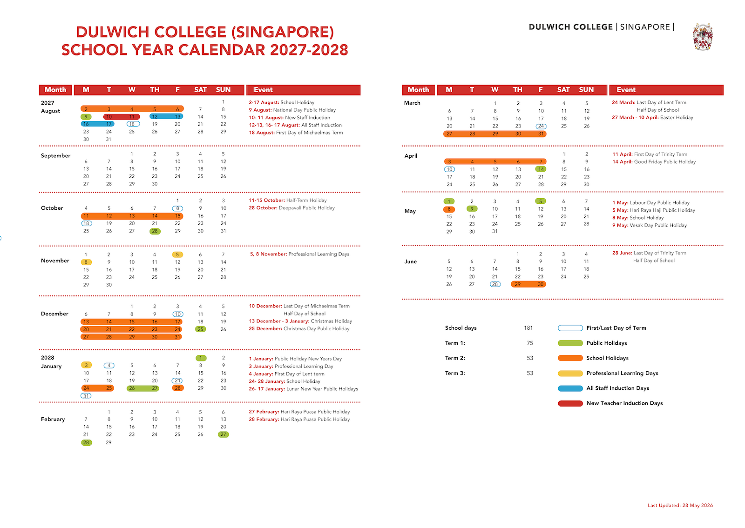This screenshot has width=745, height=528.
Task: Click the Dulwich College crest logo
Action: pos(703,37)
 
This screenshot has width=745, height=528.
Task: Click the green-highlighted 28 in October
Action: pos(155,231)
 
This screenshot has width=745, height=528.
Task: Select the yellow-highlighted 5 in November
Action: pos(177,255)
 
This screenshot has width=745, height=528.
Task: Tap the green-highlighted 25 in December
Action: pos(201,329)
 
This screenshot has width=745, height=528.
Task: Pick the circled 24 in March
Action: pos(541,126)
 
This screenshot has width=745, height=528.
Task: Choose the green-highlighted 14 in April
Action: pos(541,169)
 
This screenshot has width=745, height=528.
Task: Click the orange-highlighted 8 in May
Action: pos(449,209)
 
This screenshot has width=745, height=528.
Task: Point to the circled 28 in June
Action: pos(495,284)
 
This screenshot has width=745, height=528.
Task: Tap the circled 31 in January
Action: pos(86,396)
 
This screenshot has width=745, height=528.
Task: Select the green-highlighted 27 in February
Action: pos(223,434)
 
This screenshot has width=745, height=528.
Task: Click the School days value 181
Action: pos(528,328)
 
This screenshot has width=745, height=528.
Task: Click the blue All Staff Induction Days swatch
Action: pos(570,388)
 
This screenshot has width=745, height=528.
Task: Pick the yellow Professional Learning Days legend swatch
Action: pos(570,374)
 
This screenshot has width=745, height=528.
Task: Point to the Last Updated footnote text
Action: pos(680,505)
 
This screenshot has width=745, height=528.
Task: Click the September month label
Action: pos(55,155)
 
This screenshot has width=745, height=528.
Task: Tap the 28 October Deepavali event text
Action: pos(291,208)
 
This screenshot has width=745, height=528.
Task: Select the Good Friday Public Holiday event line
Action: pos(654,162)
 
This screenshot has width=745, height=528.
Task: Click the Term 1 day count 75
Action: pos(530,343)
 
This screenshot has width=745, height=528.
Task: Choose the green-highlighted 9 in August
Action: pos(86,117)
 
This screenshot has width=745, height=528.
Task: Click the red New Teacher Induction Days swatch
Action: pos(570,403)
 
